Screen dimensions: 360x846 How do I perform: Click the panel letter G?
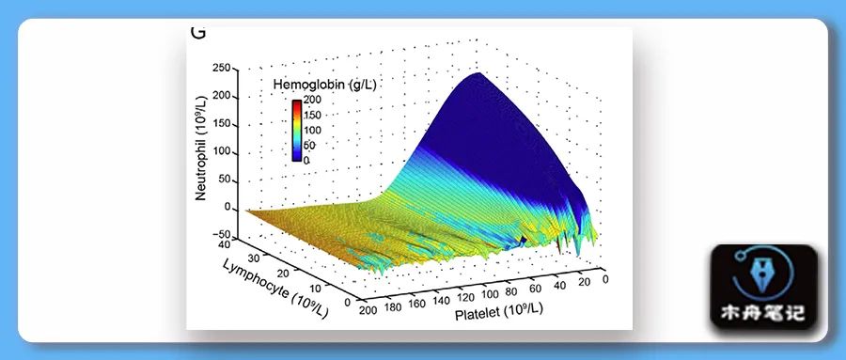click(x=198, y=32)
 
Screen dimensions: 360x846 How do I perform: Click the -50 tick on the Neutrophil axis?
click(x=222, y=235)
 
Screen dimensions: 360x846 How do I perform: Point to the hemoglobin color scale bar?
click(x=296, y=130)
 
